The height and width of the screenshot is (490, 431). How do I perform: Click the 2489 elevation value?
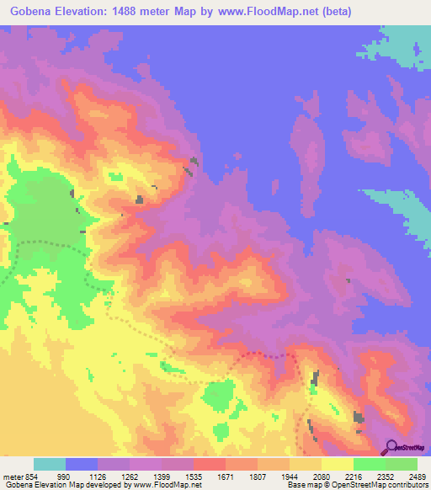coord(418,477)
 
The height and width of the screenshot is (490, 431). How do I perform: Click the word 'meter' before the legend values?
coord(13,477)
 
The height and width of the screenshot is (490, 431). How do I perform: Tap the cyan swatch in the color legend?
coord(50,464)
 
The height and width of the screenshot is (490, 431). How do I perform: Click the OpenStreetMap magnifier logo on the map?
coord(391,448)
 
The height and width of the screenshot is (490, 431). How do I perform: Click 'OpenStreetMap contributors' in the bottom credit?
coord(383,486)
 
